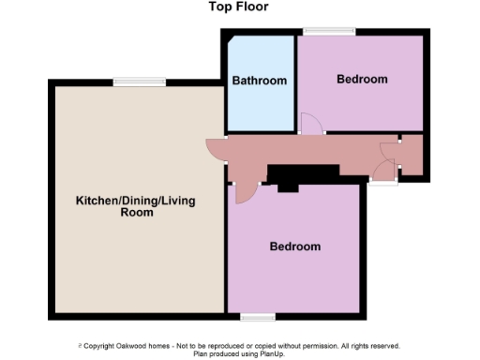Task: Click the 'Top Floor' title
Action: tap(238, 7)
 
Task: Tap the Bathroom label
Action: tap(260, 81)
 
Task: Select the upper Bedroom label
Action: tap(361, 79)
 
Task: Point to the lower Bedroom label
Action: tap(295, 247)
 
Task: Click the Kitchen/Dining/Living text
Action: tap(136, 201)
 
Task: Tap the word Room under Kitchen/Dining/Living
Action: tap(136, 213)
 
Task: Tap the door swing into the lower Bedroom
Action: tap(246, 192)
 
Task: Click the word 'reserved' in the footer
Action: tap(384, 346)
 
